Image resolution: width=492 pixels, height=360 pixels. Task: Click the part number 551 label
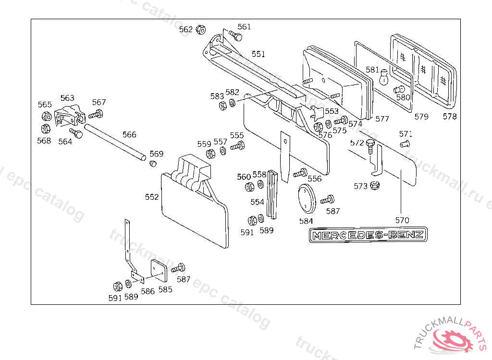(258, 54)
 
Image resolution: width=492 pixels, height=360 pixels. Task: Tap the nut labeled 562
(201, 30)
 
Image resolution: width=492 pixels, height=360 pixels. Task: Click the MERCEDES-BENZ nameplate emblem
(368, 235)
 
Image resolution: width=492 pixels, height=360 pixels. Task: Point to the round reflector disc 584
(306, 199)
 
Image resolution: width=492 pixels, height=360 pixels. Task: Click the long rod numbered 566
(115, 143)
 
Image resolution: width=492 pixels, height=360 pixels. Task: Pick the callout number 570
(402, 220)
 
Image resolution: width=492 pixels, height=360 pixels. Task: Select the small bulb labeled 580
(398, 90)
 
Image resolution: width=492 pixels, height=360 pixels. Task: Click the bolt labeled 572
(369, 145)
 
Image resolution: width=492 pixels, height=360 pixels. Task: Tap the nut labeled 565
(47, 117)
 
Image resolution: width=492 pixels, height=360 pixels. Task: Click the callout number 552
(152, 197)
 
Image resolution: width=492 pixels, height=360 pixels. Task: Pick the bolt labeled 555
(238, 146)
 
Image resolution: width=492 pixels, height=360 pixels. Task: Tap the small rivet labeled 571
(404, 144)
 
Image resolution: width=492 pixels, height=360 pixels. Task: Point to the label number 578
(450, 116)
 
